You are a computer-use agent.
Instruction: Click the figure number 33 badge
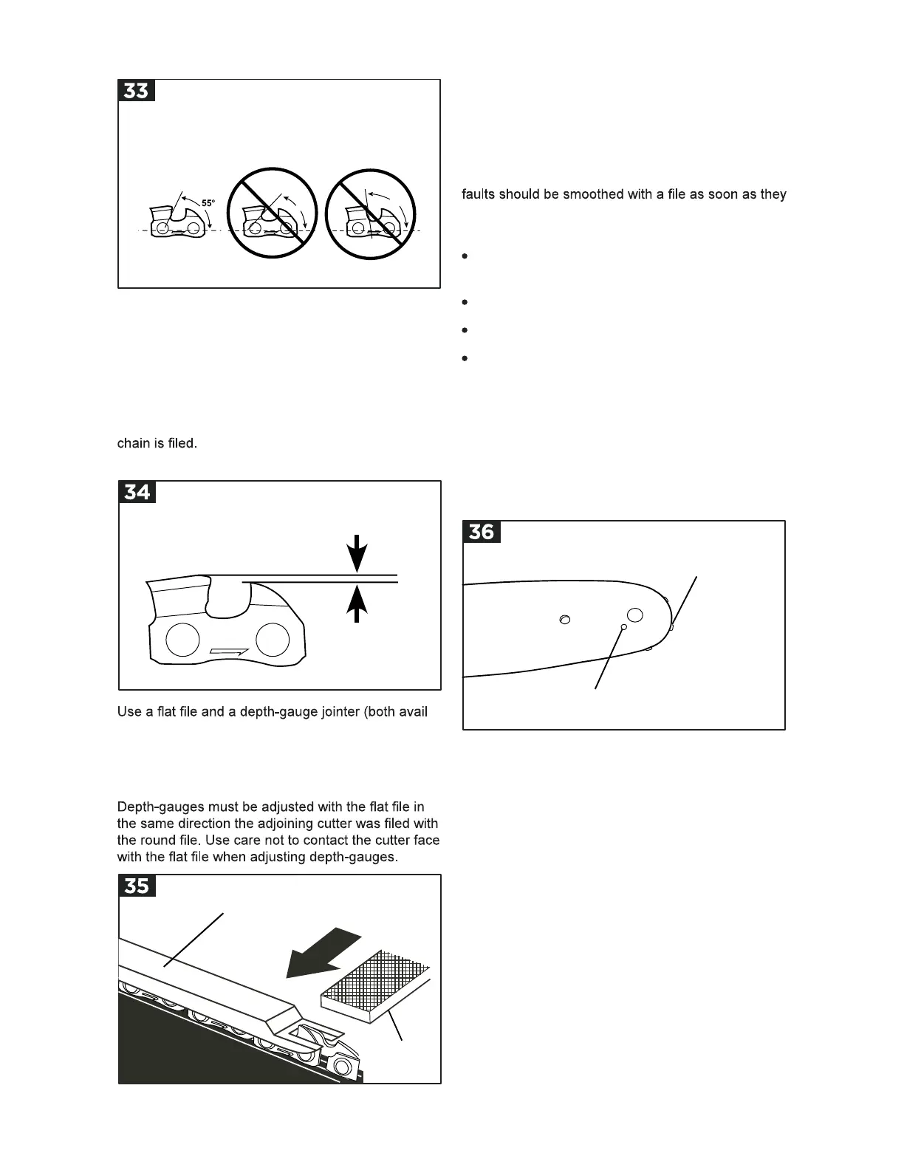point(137,91)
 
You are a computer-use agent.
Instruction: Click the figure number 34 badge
point(137,492)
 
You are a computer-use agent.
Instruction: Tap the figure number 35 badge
point(137,886)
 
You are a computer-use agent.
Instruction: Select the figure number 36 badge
point(482,532)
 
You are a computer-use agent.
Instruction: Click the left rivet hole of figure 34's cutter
point(182,639)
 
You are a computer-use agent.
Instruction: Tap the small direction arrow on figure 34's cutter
point(229,651)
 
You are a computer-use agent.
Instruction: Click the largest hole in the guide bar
point(634,615)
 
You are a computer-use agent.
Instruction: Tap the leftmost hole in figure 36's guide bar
point(565,620)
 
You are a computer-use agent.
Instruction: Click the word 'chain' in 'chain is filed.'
point(132,444)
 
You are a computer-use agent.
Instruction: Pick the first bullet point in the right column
point(465,256)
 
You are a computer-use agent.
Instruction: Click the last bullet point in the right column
point(465,358)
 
